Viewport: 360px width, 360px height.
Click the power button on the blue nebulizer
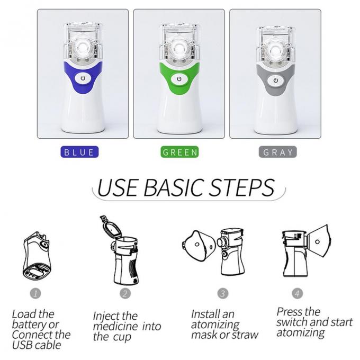[83, 79]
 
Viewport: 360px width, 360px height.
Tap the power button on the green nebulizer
[179, 79]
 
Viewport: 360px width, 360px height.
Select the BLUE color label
[79, 152]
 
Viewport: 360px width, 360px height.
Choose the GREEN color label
[180, 152]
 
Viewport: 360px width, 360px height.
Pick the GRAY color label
[278, 152]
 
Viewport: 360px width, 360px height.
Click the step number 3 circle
[223, 292]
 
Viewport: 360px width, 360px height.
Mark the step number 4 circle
[298, 292]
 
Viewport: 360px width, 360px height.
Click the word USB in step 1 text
[23, 345]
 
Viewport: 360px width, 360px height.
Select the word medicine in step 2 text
[116, 326]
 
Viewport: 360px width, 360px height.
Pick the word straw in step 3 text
[246, 335]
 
